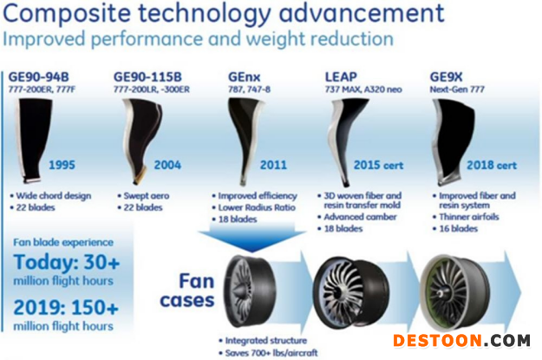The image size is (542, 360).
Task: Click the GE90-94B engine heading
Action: point(38,77)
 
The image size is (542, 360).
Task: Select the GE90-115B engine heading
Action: point(147,77)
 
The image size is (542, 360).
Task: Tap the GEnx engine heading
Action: point(244,77)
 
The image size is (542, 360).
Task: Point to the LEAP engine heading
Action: point(341,77)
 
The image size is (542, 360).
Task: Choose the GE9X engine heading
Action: point(446,77)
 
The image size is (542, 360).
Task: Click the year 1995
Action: point(62,165)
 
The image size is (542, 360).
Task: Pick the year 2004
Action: point(167,165)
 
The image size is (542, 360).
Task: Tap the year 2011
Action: point(273,165)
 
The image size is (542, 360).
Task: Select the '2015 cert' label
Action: point(378,165)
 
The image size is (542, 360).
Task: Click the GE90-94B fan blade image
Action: point(33,140)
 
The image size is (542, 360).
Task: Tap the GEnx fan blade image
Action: point(245,140)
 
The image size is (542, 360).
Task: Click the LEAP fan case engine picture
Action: point(351,293)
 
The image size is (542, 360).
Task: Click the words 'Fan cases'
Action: point(187,291)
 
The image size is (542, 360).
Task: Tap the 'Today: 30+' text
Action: point(67,262)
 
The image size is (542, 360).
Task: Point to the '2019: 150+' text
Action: point(66,307)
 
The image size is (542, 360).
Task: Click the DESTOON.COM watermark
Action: point(461,341)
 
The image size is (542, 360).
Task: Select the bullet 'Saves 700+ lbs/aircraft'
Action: point(268,353)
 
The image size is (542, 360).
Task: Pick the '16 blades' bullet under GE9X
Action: point(455,229)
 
